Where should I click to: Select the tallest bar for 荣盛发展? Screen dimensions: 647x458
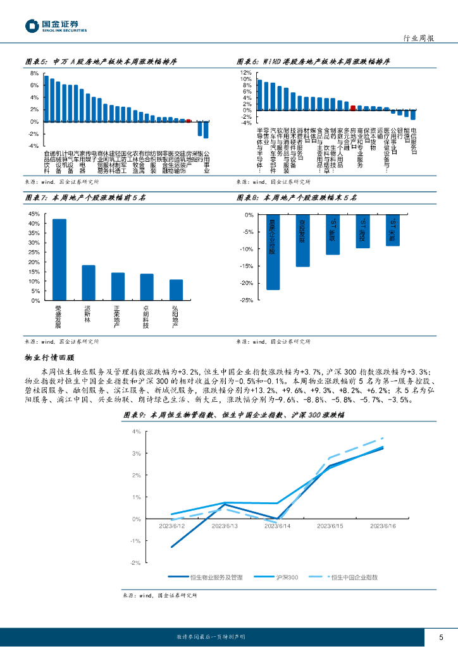coord(59,259)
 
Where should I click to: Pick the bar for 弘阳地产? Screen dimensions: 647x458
coord(176,289)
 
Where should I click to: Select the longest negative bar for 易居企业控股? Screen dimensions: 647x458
coord(273,252)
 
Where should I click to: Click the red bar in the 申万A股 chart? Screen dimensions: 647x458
coord(189,120)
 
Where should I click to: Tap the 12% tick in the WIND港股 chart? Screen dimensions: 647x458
coord(246,73)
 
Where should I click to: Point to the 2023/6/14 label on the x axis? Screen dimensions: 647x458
coord(277,526)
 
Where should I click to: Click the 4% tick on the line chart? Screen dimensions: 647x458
coord(136,432)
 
